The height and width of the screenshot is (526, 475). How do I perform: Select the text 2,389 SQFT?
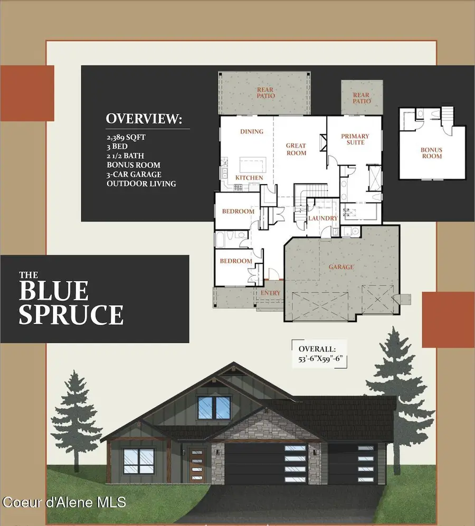[x=126, y=137]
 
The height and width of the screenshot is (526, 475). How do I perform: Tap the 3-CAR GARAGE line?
[x=134, y=174]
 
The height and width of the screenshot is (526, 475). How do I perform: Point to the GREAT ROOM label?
[x=296, y=149]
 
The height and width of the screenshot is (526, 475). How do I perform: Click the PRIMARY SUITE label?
[x=355, y=139]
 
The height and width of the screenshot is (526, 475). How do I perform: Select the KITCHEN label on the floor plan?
[x=249, y=178]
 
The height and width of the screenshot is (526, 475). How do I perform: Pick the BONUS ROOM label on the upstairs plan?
[x=431, y=153]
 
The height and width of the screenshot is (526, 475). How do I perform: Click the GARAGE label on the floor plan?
[x=341, y=267]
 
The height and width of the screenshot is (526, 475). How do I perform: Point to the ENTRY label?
[x=270, y=293]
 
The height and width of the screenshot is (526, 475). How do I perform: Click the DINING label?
[x=251, y=131]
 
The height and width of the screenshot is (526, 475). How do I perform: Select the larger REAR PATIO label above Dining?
[x=265, y=93]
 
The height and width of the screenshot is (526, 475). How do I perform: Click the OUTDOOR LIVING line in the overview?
[x=141, y=184]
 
